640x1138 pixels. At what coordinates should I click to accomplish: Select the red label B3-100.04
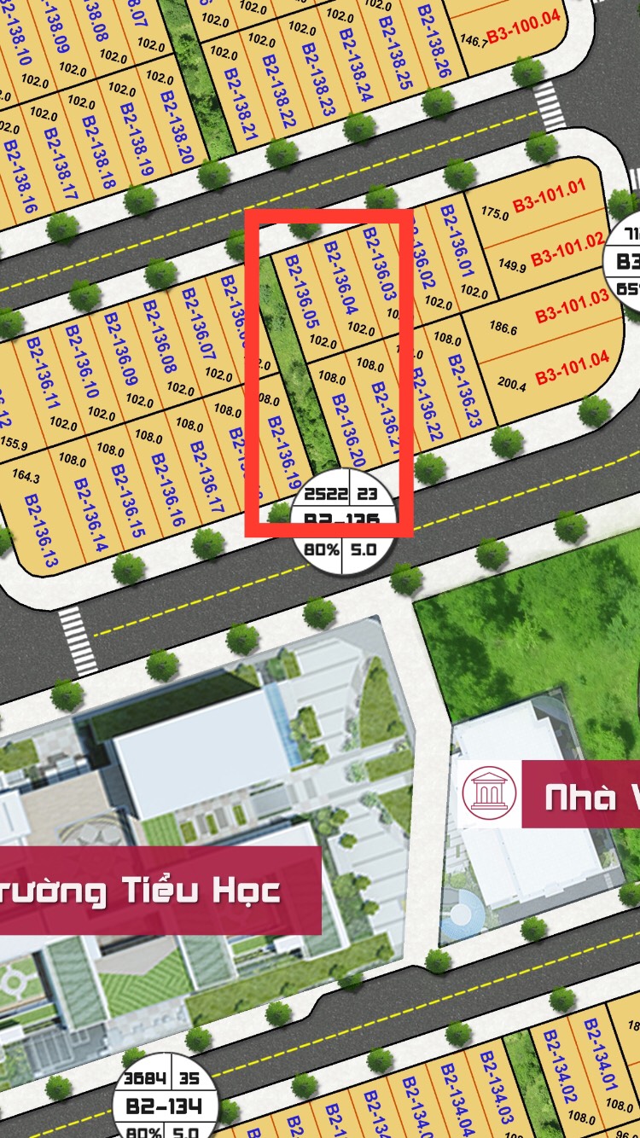[x=523, y=37]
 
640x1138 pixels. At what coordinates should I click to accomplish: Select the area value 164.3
[x=27, y=478]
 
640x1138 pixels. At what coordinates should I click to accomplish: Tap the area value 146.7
[x=471, y=39]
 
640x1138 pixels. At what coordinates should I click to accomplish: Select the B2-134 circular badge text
[x=165, y=1106]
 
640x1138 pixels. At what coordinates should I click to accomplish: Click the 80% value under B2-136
[x=322, y=550]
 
